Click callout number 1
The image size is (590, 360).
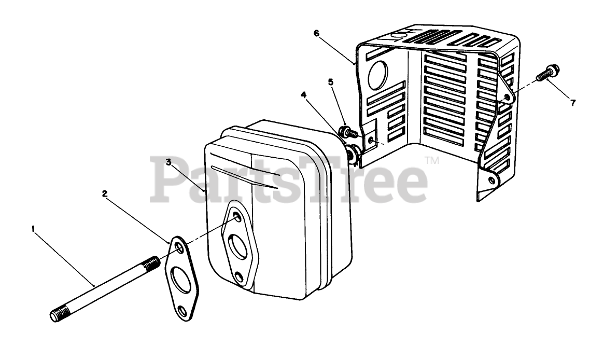tap(34, 228)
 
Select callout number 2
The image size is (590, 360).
tap(105, 193)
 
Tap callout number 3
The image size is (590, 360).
tap(169, 162)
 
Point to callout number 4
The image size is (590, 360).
tap(304, 94)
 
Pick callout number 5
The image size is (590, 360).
tap(331, 81)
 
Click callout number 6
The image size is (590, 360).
tap(317, 33)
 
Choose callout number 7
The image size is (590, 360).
tap(573, 103)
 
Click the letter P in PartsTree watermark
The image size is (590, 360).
tap(166, 180)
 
